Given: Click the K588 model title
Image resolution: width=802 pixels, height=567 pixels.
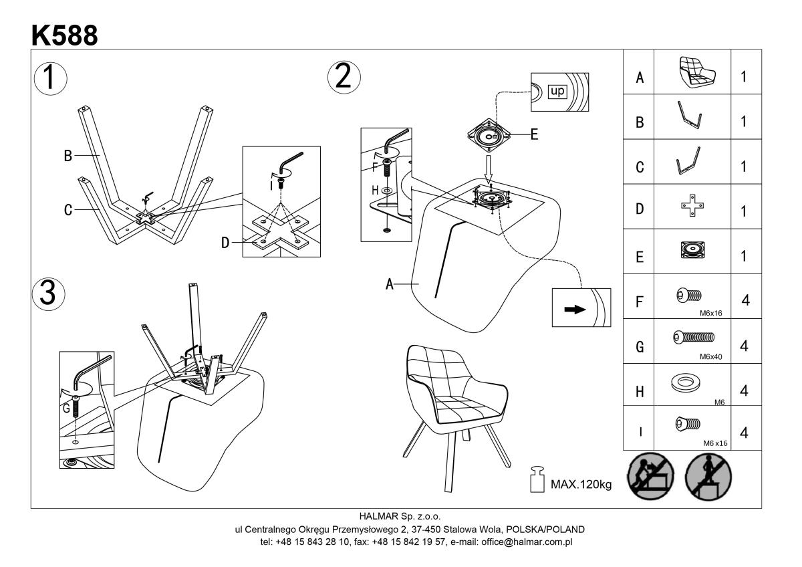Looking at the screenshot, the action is click(64, 35).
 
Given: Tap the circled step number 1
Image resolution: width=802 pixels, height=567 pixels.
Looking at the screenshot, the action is click(50, 78).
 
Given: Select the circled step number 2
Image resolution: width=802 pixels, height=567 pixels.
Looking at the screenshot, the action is click(344, 78).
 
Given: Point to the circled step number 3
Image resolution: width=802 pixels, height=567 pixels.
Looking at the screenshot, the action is click(49, 294).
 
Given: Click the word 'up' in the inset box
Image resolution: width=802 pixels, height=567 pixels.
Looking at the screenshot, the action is click(557, 91).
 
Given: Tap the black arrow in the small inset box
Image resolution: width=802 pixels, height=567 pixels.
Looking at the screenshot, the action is click(575, 309).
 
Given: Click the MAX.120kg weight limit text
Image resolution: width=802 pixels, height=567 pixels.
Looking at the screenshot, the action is click(581, 485).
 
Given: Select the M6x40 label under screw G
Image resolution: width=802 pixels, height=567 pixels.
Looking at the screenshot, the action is click(710, 356).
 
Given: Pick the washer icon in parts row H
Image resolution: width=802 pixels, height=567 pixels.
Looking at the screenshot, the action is click(685, 384).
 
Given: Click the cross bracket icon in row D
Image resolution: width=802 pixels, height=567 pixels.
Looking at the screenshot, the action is click(692, 205).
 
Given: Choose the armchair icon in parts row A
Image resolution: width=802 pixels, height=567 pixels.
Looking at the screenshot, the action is click(698, 73).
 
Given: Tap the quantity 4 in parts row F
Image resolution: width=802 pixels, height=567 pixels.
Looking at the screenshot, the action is click(745, 300).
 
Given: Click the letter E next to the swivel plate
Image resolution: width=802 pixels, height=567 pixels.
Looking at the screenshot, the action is click(534, 134).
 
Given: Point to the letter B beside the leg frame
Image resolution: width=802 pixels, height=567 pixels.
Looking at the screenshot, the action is click(68, 156).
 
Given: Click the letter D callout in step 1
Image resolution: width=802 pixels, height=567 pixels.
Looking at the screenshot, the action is click(225, 243).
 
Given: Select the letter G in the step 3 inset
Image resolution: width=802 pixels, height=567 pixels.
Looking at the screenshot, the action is click(66, 408).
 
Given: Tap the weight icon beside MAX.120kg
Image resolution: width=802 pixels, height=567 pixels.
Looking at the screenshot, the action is click(537, 479).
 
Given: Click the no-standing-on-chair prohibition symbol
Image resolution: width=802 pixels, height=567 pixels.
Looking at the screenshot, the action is click(708, 476).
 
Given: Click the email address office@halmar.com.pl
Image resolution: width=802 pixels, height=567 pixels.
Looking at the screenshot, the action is click(527, 542).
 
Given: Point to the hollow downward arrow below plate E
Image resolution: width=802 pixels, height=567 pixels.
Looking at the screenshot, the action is click(489, 169).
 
